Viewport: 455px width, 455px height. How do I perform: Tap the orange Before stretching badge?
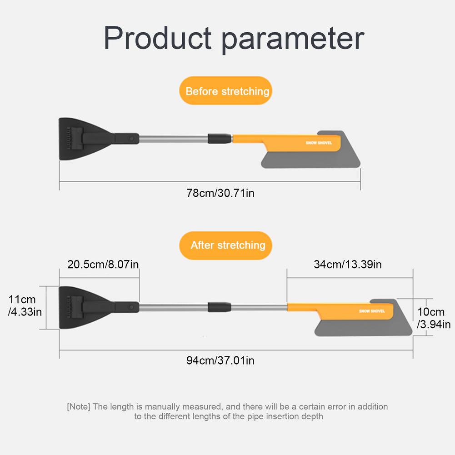tap(227, 91)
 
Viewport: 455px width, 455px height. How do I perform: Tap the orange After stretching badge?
tap(228, 245)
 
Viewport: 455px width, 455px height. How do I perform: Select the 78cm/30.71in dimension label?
tap(220, 193)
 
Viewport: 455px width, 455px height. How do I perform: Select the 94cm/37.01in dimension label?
tap(220, 360)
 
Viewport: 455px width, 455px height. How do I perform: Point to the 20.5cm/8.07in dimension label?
tap(103, 264)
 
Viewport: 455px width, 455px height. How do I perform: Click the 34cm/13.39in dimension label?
tap(348, 264)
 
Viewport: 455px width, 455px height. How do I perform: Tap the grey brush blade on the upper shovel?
tap(314, 158)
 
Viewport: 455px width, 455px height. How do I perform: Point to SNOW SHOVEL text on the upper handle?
tap(319, 143)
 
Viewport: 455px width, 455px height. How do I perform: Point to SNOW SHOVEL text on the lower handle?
tap(372, 311)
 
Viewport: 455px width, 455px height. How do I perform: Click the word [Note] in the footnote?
tap(79, 406)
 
